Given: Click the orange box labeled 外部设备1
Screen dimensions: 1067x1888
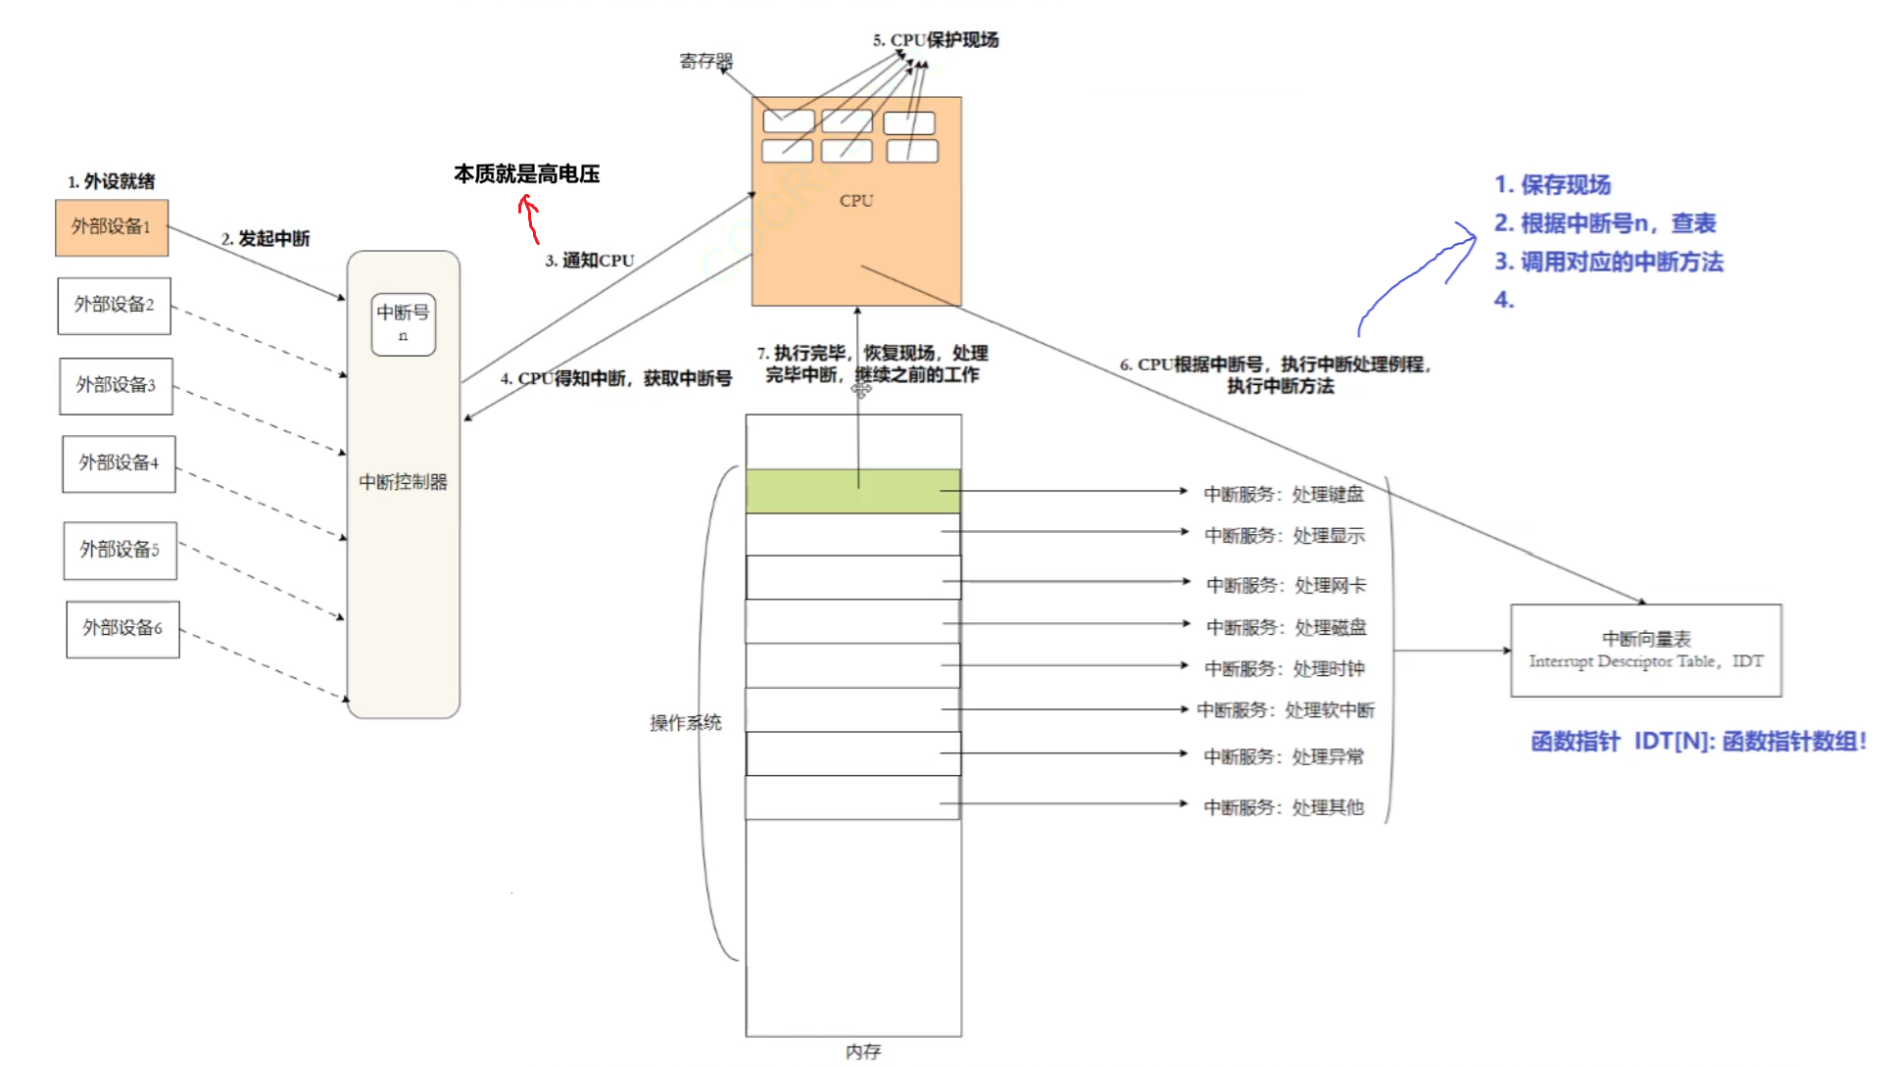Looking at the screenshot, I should click(x=112, y=227).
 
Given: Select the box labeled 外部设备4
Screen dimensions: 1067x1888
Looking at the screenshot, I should click(x=119, y=463).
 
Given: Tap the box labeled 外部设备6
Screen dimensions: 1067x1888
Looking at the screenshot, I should click(x=122, y=629).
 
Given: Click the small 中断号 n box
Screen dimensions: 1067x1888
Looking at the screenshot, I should click(x=403, y=323).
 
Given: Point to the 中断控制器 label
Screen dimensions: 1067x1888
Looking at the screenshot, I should click(x=403, y=482).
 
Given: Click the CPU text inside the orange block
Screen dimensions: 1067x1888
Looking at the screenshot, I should click(x=855, y=201).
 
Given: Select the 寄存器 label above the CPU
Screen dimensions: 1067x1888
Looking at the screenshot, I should click(x=705, y=61).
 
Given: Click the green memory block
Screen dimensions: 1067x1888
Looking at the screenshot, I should click(x=852, y=491).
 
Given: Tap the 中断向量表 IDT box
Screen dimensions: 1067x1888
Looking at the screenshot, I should click(x=1645, y=651).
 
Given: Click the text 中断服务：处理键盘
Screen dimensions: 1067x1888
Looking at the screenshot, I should click(x=1283, y=495).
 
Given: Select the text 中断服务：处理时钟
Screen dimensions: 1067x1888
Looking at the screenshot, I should click(x=1284, y=669).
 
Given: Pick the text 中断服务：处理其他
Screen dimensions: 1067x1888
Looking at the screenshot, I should click(x=1283, y=808).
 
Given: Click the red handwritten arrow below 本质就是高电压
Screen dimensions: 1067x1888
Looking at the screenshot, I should click(x=530, y=218).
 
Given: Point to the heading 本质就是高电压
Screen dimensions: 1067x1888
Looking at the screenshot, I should click(x=526, y=174).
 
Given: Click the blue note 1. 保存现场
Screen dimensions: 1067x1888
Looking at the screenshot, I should click(x=1552, y=185).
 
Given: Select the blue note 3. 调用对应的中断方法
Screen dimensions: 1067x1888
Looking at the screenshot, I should click(x=1608, y=263).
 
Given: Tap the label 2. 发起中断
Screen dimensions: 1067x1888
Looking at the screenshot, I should click(x=266, y=239).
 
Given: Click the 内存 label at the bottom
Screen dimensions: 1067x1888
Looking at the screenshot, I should click(x=862, y=1051).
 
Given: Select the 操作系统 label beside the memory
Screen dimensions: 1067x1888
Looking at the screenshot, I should click(x=685, y=723).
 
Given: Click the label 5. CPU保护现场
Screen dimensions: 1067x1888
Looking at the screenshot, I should click(x=936, y=40).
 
